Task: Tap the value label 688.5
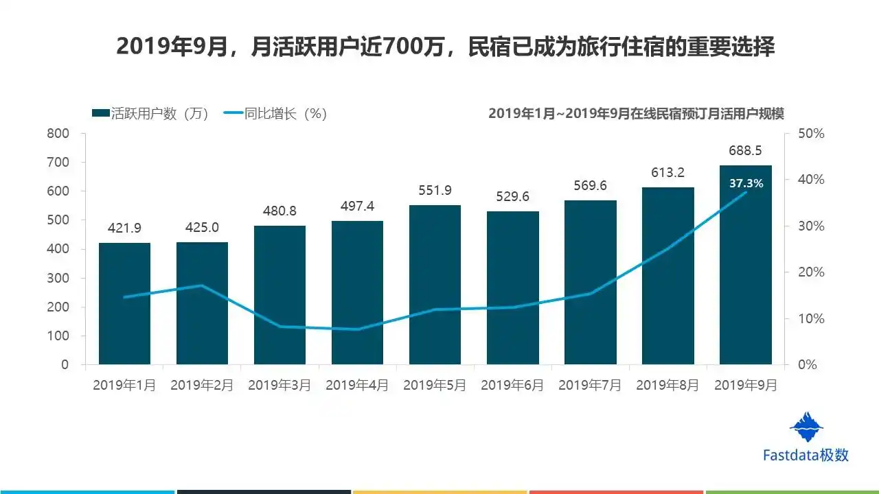tap(745, 150)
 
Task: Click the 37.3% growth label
tap(745, 183)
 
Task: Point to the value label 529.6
tap(512, 197)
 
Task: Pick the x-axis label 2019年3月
tap(279, 386)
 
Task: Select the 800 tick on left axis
tap(58, 133)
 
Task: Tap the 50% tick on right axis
tap(811, 133)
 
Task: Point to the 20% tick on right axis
tap(811, 272)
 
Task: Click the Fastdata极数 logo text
tap(806, 455)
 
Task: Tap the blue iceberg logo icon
tap(806, 427)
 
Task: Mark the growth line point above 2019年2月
tap(202, 285)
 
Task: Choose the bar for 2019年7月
tap(590, 282)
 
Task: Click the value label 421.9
tap(124, 228)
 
